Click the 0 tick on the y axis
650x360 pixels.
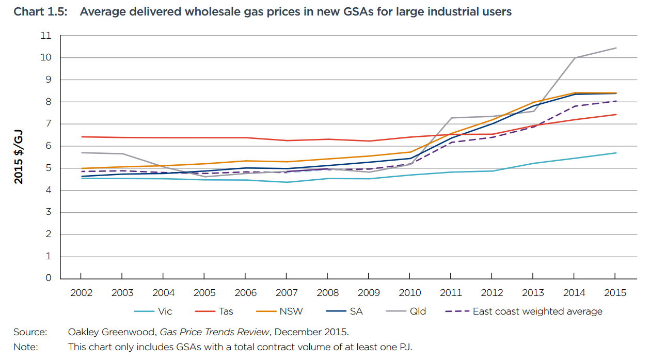click(49, 278)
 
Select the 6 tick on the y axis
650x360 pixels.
click(49, 146)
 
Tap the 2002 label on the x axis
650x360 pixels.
click(82, 293)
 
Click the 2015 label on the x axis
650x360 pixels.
click(615, 293)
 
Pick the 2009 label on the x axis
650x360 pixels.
click(369, 293)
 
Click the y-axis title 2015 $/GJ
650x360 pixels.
click(19, 157)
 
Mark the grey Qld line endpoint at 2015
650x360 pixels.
click(616, 48)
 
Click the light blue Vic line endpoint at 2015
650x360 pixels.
click(616, 153)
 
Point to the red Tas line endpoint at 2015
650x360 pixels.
click(616, 115)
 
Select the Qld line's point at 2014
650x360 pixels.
click(575, 58)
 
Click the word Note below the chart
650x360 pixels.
click(25, 347)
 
